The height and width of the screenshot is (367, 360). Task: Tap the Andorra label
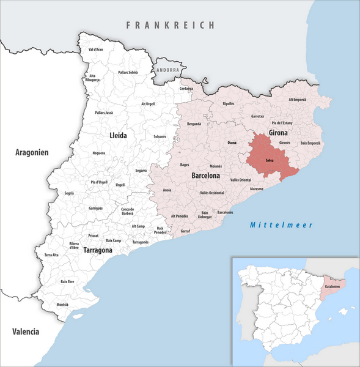169,70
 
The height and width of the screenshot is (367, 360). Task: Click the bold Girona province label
279,132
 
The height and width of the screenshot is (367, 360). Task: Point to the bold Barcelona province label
205,175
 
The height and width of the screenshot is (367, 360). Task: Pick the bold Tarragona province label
89,251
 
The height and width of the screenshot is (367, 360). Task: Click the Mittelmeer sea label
281,224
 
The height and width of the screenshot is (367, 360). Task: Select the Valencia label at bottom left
26,332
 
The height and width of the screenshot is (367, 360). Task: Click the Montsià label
62,305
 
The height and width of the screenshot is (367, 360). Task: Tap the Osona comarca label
232,143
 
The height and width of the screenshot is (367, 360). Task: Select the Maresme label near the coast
257,189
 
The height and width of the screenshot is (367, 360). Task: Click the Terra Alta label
51,254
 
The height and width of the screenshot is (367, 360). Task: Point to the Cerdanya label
186,89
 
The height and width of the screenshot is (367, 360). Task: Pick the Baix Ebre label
67,281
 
